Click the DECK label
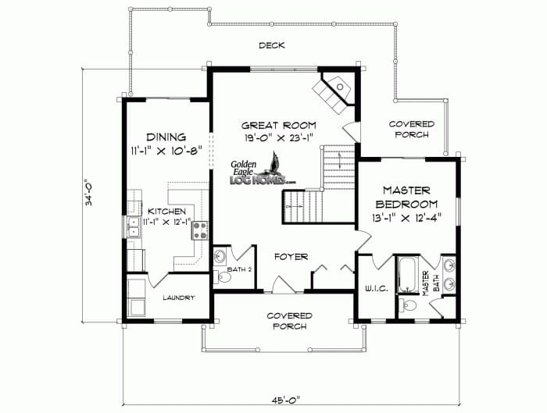tap(272, 45)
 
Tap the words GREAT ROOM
tap(278, 125)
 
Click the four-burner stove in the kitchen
tap(199, 230)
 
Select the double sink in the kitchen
tap(132, 227)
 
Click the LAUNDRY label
tap(178, 297)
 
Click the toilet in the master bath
tap(409, 304)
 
